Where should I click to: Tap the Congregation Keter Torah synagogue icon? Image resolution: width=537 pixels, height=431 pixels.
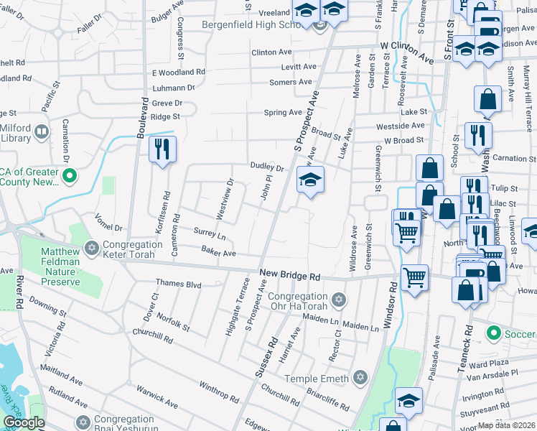(x=90, y=249)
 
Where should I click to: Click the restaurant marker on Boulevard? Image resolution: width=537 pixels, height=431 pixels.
(x=162, y=149)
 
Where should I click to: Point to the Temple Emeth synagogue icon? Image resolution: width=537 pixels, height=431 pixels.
(x=361, y=378)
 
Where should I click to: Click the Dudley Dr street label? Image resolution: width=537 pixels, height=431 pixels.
(x=267, y=167)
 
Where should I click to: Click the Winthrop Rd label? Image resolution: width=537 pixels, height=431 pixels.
(x=219, y=393)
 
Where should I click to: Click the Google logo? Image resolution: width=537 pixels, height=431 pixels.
(x=24, y=422)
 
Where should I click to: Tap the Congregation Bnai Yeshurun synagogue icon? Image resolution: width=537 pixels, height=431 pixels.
(x=83, y=421)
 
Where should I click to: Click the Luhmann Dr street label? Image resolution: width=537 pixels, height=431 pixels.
(x=174, y=88)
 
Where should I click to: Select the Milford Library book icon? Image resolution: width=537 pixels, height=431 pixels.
(x=42, y=133)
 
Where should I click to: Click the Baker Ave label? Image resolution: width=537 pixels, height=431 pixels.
(x=218, y=253)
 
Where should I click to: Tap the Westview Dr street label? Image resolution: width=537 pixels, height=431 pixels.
(x=225, y=199)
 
